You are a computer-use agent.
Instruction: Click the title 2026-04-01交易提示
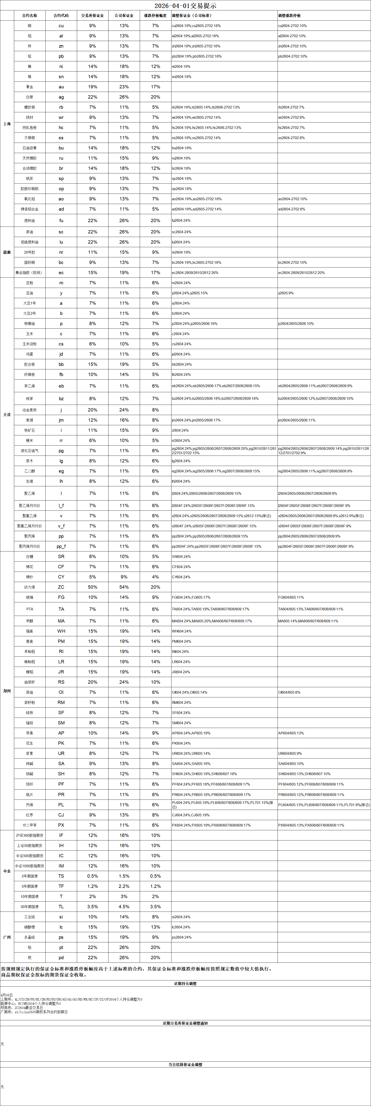pos(186,6)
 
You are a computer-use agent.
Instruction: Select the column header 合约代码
pos(61,16)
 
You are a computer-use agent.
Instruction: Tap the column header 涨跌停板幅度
pos(155,16)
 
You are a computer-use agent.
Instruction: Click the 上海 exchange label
pos(7,124)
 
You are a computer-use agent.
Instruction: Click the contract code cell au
pos(61,87)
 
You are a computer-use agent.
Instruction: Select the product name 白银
pos(30,97)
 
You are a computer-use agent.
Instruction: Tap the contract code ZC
pos(61,587)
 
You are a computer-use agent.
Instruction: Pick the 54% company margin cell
pos(124,587)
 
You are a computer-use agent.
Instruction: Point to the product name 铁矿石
pos(30,430)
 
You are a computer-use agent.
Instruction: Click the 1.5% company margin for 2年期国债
pos(124,876)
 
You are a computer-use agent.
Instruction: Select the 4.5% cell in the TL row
pos(124,906)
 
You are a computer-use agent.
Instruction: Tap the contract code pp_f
pos(61,546)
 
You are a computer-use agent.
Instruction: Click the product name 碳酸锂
pos(30,927)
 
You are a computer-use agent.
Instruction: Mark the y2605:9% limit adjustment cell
pos(286,293)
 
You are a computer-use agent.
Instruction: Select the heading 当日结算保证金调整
pos(186,1064)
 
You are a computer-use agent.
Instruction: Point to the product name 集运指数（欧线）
pos(29,273)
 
